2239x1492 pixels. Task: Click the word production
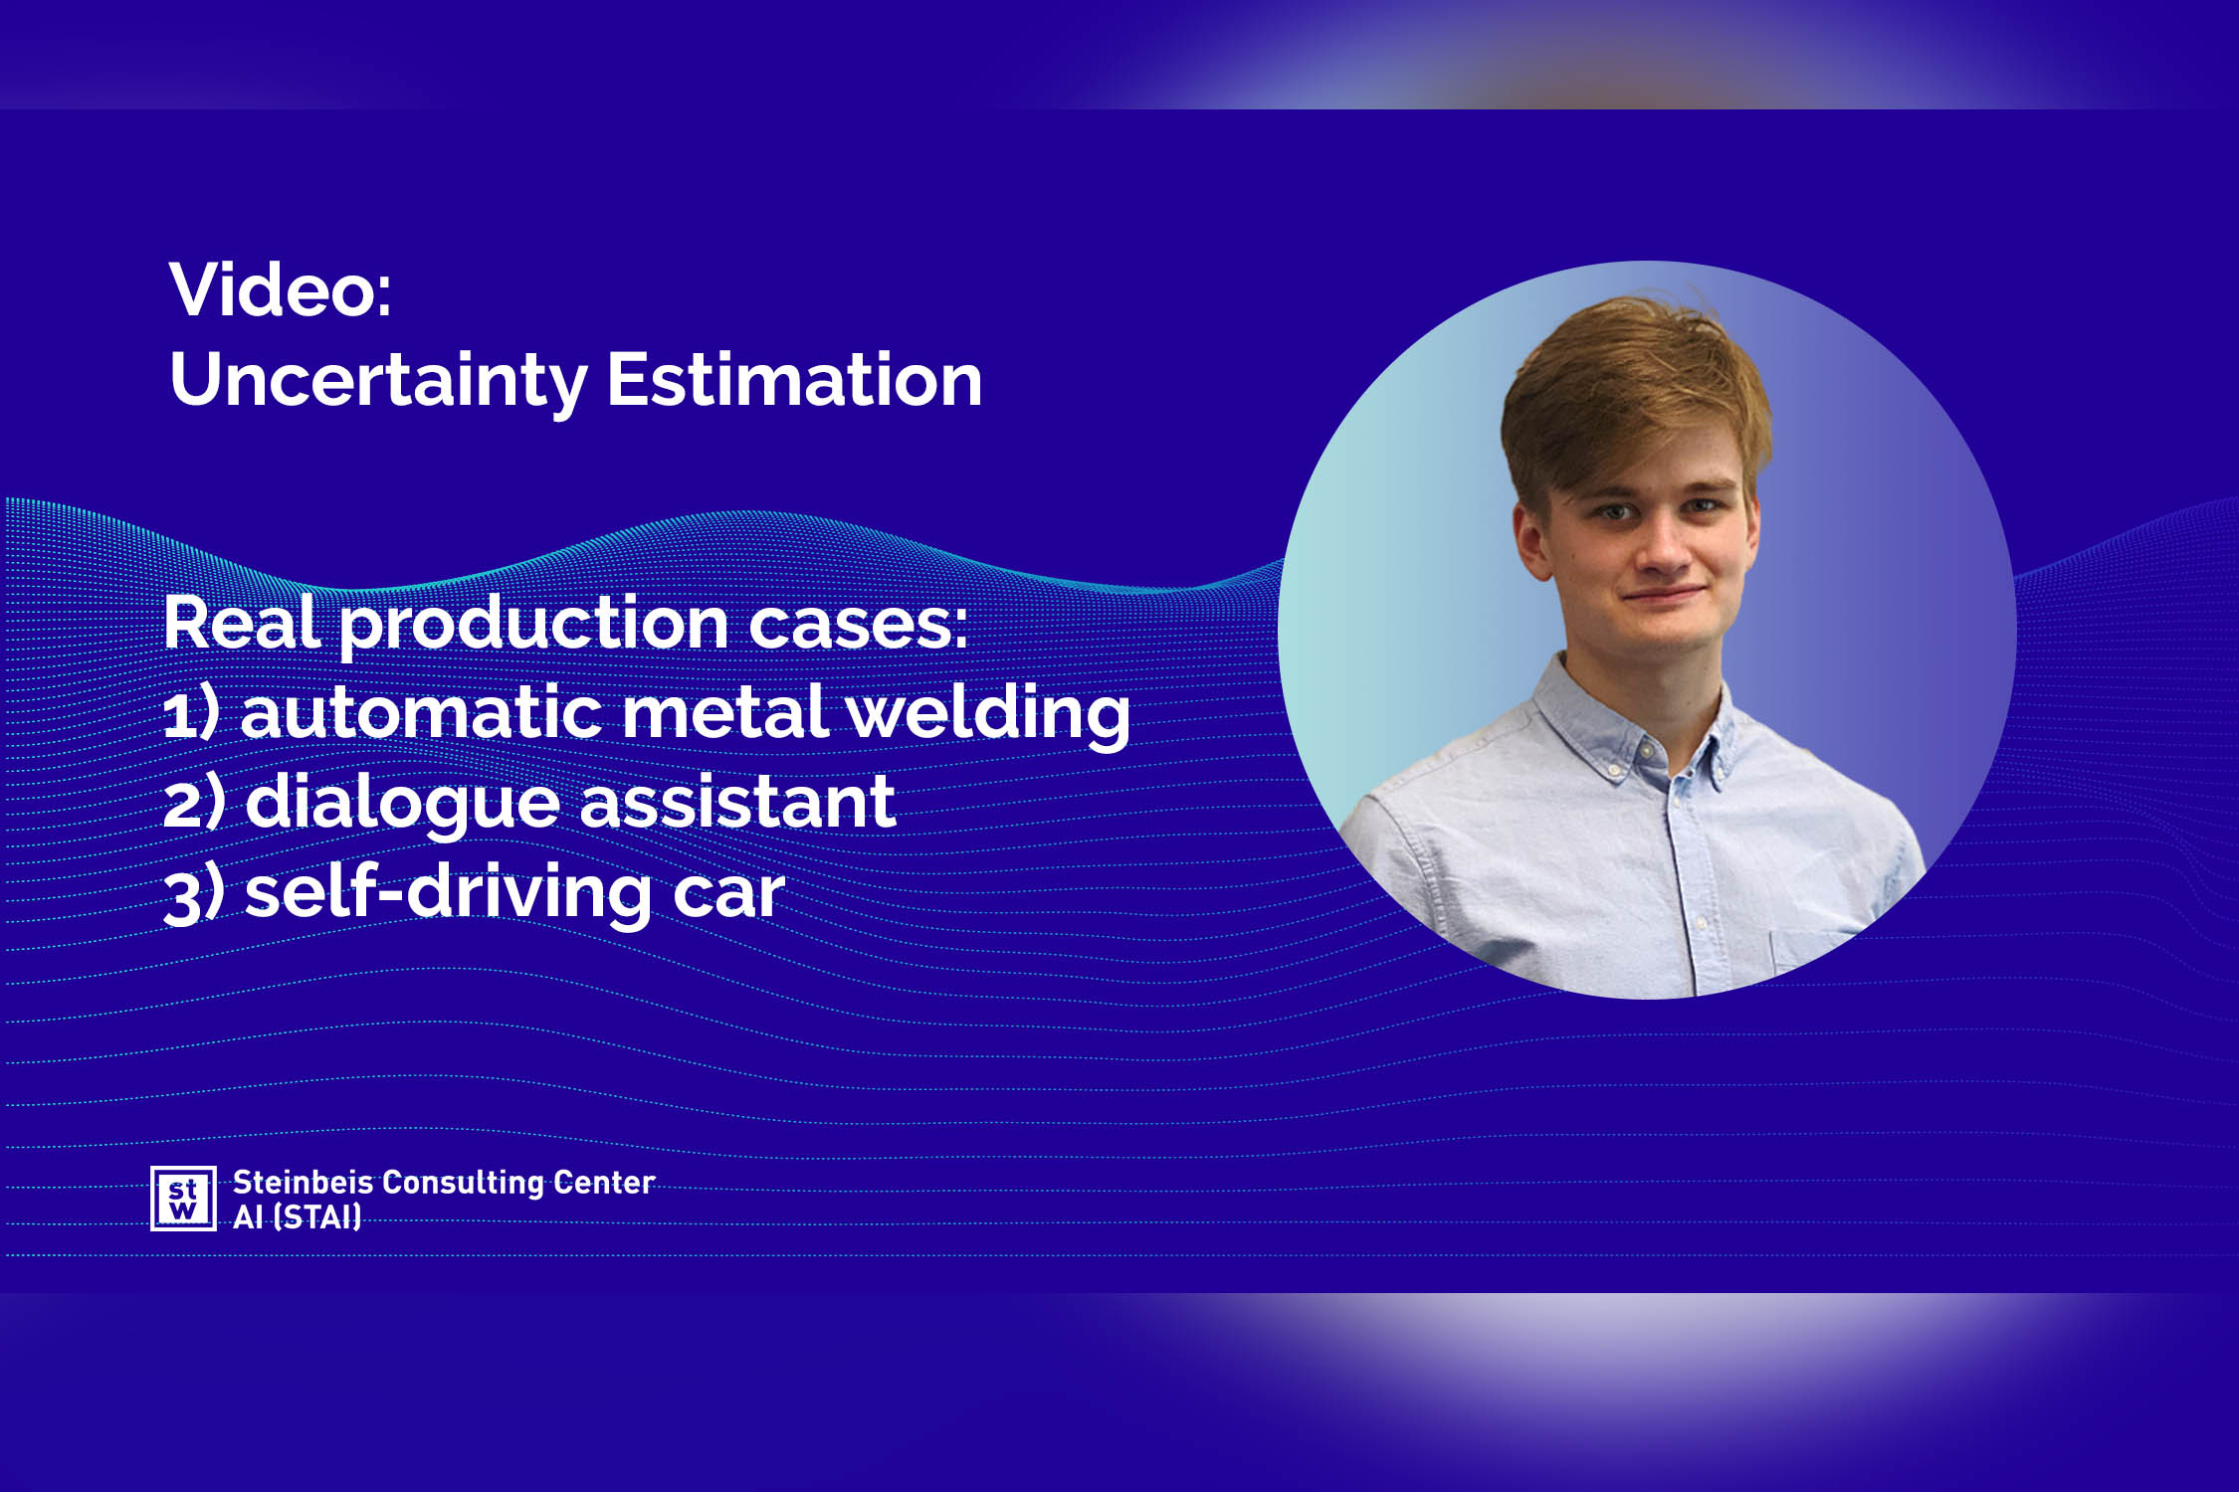click(x=534, y=627)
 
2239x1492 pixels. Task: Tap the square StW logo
click(x=183, y=1199)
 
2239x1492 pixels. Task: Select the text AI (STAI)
click(x=297, y=1216)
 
